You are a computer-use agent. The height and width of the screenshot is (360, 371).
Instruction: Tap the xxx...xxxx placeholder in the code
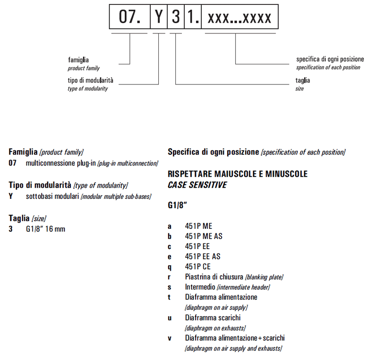(239, 18)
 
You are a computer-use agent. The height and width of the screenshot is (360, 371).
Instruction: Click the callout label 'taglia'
(303, 81)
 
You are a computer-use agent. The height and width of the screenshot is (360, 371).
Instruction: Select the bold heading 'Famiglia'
(23, 152)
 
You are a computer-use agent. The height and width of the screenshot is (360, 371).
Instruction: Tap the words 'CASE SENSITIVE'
(197, 185)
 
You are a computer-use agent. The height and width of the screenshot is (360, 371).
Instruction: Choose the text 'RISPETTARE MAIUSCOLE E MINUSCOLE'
(237, 174)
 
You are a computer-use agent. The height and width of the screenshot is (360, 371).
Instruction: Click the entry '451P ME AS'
(203, 236)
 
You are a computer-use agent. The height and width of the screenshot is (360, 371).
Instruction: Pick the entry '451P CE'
(197, 267)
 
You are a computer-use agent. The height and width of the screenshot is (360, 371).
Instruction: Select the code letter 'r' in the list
(170, 277)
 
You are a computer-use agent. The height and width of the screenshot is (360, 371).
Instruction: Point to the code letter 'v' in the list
(170, 338)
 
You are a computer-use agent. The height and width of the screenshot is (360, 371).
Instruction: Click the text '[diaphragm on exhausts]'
(215, 328)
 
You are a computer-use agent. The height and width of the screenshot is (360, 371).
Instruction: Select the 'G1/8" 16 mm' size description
(45, 229)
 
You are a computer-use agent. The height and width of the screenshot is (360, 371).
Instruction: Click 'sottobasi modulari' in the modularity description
(52, 196)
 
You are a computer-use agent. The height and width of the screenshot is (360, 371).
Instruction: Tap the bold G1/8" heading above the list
(177, 207)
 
